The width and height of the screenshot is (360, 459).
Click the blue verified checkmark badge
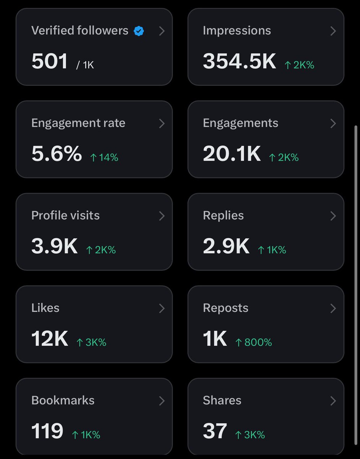tap(139, 31)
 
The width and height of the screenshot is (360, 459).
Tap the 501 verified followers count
tap(50, 61)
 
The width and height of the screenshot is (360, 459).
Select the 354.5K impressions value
tap(239, 61)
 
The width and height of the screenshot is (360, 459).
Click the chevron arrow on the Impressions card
tap(333, 31)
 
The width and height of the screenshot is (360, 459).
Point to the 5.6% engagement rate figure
tap(57, 153)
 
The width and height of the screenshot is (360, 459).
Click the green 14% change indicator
tap(104, 157)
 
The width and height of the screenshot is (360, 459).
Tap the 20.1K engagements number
tap(232, 153)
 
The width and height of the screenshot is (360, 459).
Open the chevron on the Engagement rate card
tap(162, 124)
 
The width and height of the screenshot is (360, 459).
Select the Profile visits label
tap(65, 215)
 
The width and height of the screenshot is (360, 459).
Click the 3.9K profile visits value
tap(54, 246)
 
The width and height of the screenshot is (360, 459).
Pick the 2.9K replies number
tap(226, 246)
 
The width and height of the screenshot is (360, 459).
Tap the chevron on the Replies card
tap(333, 216)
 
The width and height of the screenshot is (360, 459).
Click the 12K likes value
tap(50, 339)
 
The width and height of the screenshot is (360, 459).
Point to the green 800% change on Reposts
tap(254, 342)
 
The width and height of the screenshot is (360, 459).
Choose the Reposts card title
tap(226, 308)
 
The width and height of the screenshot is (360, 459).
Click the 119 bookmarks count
tap(47, 431)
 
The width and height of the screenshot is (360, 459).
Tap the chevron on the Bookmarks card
tap(162, 401)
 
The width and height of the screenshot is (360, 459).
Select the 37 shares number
tap(215, 431)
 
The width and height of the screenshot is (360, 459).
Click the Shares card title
tap(222, 400)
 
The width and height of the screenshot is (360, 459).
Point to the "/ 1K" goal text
tap(85, 65)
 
